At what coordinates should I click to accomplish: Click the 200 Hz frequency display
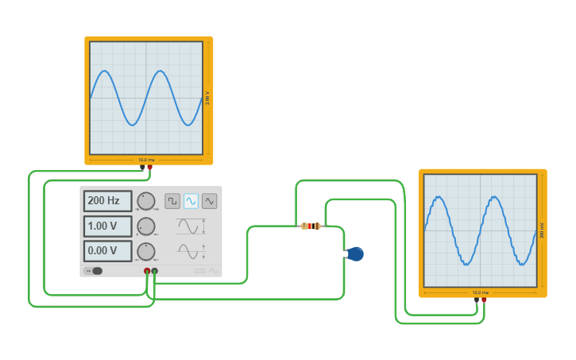pos(107,201)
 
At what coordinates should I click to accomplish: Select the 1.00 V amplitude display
pos(107,226)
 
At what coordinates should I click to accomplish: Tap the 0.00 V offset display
pos(107,251)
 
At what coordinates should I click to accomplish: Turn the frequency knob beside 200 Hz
pos(146,201)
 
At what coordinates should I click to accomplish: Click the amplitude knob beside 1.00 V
pos(146,226)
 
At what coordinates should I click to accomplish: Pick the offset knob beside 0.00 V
pos(146,252)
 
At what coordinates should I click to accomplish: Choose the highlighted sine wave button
pos(191,201)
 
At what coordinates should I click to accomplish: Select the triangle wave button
pos(209,201)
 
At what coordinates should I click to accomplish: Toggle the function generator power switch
pos(95,271)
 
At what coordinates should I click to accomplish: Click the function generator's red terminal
pos(147,272)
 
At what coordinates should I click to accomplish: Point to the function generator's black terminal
pos(154,272)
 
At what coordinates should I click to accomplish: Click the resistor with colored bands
pos(311,226)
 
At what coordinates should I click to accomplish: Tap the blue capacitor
pos(355,254)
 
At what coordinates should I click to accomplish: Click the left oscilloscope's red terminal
pos(149,168)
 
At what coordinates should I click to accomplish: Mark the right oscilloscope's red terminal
pos(483,300)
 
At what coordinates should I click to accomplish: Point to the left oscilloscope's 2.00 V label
pos(207,98)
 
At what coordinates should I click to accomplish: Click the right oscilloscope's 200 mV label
pos(541,230)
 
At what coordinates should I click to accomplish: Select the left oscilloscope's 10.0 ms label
pos(146,160)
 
